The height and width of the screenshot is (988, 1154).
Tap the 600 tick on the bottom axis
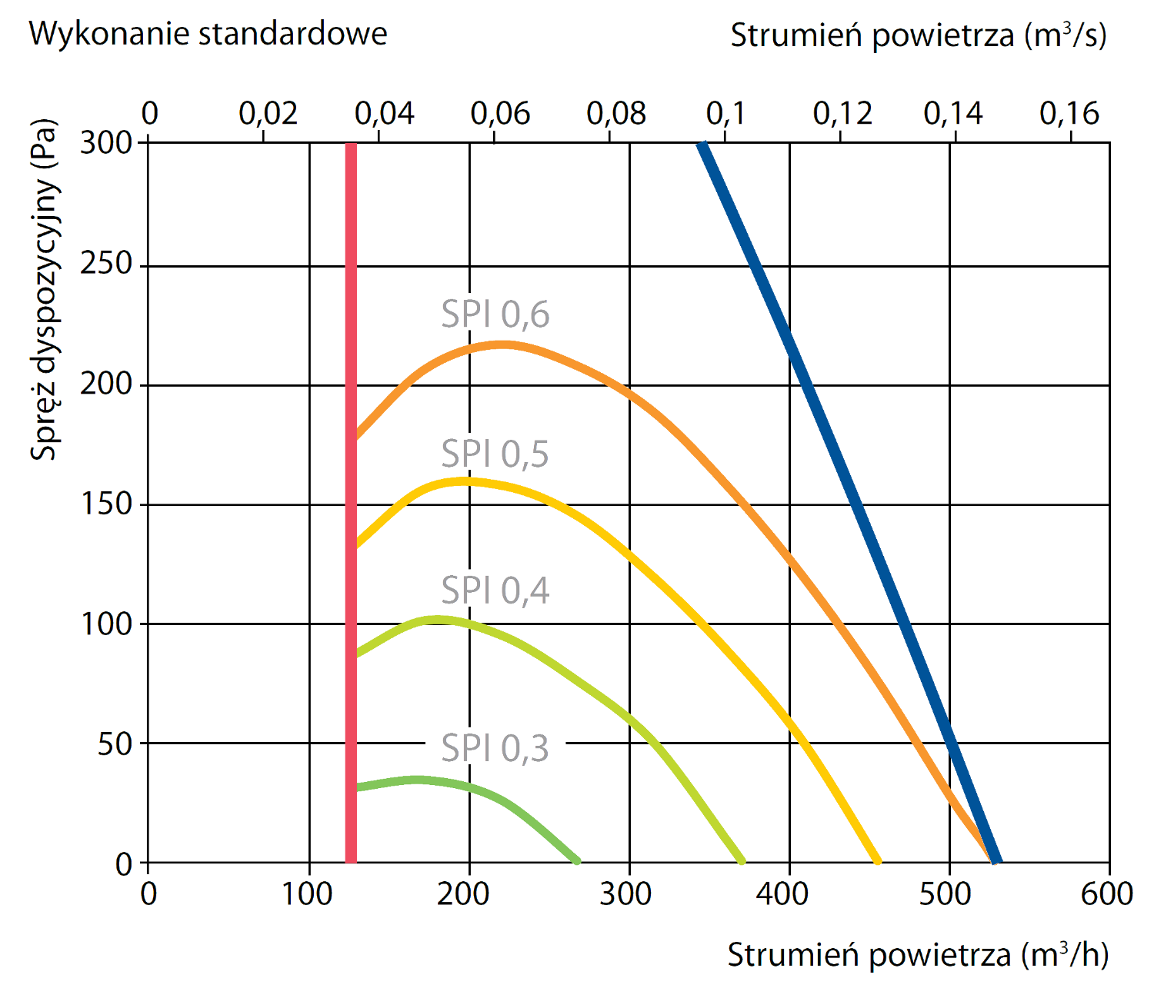click(1108, 893)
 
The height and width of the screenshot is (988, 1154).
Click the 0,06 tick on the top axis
click(500, 114)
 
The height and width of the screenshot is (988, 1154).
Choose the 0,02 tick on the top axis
click(268, 114)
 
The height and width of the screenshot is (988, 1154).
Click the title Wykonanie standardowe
click(208, 34)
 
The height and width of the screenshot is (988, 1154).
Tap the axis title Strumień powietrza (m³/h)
click(918, 954)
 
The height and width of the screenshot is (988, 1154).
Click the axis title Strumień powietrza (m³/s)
click(918, 35)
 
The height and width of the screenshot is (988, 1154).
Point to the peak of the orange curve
click(500, 344)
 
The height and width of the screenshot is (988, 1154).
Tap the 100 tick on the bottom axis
click(309, 893)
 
